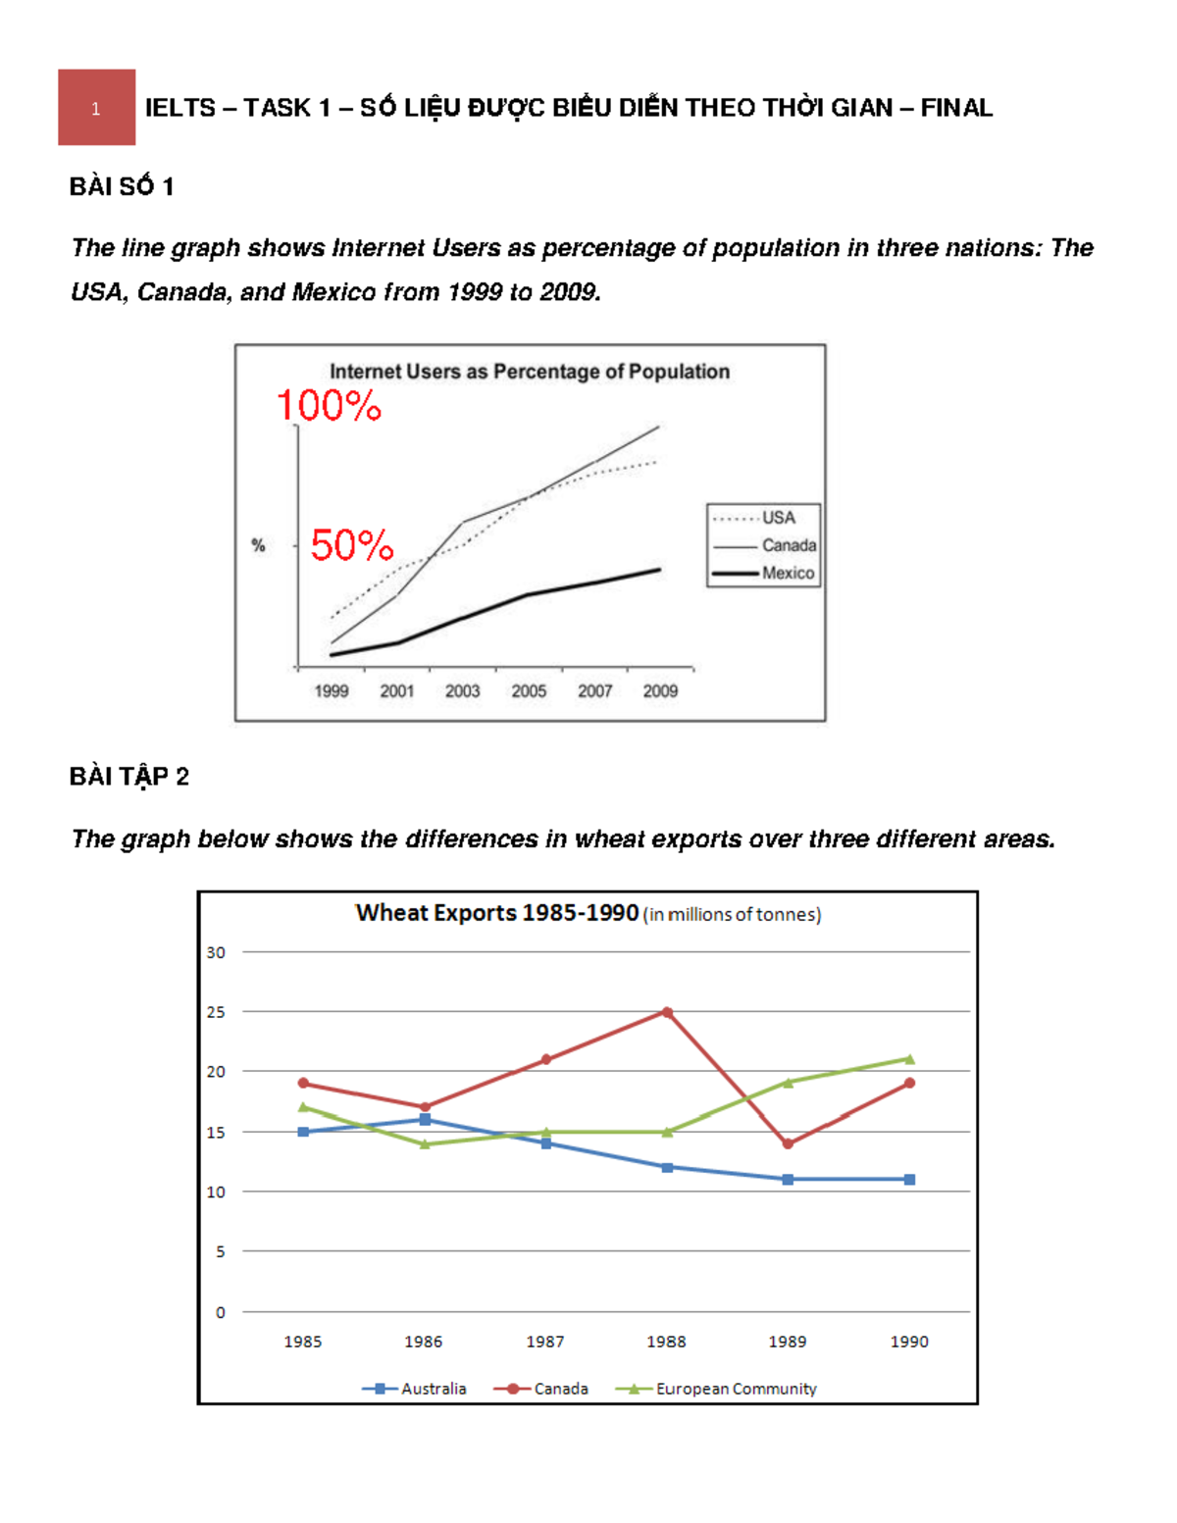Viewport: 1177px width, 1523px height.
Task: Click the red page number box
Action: pyautogui.click(x=96, y=107)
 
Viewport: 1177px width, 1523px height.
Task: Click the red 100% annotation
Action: pyautogui.click(x=329, y=406)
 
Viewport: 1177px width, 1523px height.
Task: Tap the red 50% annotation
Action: pyautogui.click(x=351, y=545)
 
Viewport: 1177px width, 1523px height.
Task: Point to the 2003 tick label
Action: pyautogui.click(x=462, y=690)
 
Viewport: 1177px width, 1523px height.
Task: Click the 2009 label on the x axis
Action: pyautogui.click(x=660, y=690)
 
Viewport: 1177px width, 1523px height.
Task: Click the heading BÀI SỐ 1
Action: pyautogui.click(x=122, y=186)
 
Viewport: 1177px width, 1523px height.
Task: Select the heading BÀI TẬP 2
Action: pyautogui.click(x=129, y=777)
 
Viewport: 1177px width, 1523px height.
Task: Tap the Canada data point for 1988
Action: pyautogui.click(x=667, y=1012)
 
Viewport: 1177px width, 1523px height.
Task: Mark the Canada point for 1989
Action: pyautogui.click(x=788, y=1143)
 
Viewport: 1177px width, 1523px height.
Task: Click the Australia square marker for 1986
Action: pyautogui.click(x=425, y=1119)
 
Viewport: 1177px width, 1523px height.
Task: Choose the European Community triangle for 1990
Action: pyautogui.click(x=909, y=1059)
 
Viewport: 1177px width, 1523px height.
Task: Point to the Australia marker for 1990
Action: pyautogui.click(x=909, y=1180)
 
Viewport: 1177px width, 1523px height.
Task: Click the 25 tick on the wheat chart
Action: pyautogui.click(x=216, y=1012)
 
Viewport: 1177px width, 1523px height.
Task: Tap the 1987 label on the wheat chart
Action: pyautogui.click(x=544, y=1342)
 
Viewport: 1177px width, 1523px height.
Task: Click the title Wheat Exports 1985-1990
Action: pyautogui.click(x=496, y=913)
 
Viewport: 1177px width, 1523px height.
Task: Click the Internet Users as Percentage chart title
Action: pyautogui.click(x=530, y=372)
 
